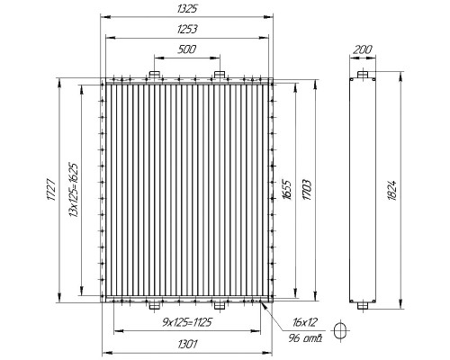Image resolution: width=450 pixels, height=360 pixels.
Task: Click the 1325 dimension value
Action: (186, 9)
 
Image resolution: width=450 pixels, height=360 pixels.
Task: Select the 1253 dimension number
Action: (187, 30)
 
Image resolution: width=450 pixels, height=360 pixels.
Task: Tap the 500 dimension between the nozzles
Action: (186, 49)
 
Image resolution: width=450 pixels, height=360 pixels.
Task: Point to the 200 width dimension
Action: (363, 49)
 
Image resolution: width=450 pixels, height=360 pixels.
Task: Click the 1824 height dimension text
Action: (392, 190)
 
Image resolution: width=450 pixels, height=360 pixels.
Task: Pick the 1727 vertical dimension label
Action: (50, 190)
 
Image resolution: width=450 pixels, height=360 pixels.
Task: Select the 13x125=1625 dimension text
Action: (73, 190)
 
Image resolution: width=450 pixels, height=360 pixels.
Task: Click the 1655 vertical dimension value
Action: (287, 190)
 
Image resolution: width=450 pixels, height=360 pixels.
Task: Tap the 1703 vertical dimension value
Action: (307, 190)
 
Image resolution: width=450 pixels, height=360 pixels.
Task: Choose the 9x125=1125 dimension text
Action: (187, 322)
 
